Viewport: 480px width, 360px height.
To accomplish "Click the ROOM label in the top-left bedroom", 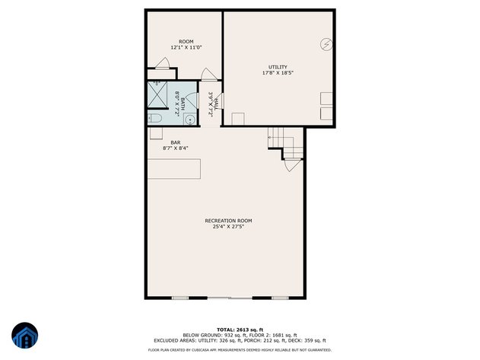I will tap(186, 41).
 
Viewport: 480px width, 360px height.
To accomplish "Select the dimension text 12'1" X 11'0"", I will tap(186, 48).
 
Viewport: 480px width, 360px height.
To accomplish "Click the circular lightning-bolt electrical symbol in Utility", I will tap(326, 44).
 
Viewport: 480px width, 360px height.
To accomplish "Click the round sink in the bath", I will tap(189, 119).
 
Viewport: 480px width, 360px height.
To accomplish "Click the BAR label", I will tap(175, 142).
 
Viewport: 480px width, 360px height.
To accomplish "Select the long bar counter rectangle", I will tap(174, 168).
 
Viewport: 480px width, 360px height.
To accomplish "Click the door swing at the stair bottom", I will tap(290, 164).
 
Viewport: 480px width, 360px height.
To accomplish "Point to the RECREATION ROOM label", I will tap(228, 221).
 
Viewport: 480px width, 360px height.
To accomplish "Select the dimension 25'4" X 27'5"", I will tap(228, 228).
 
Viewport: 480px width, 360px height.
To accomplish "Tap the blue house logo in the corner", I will tap(24, 335).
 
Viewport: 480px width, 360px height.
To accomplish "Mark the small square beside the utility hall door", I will tap(238, 119).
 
